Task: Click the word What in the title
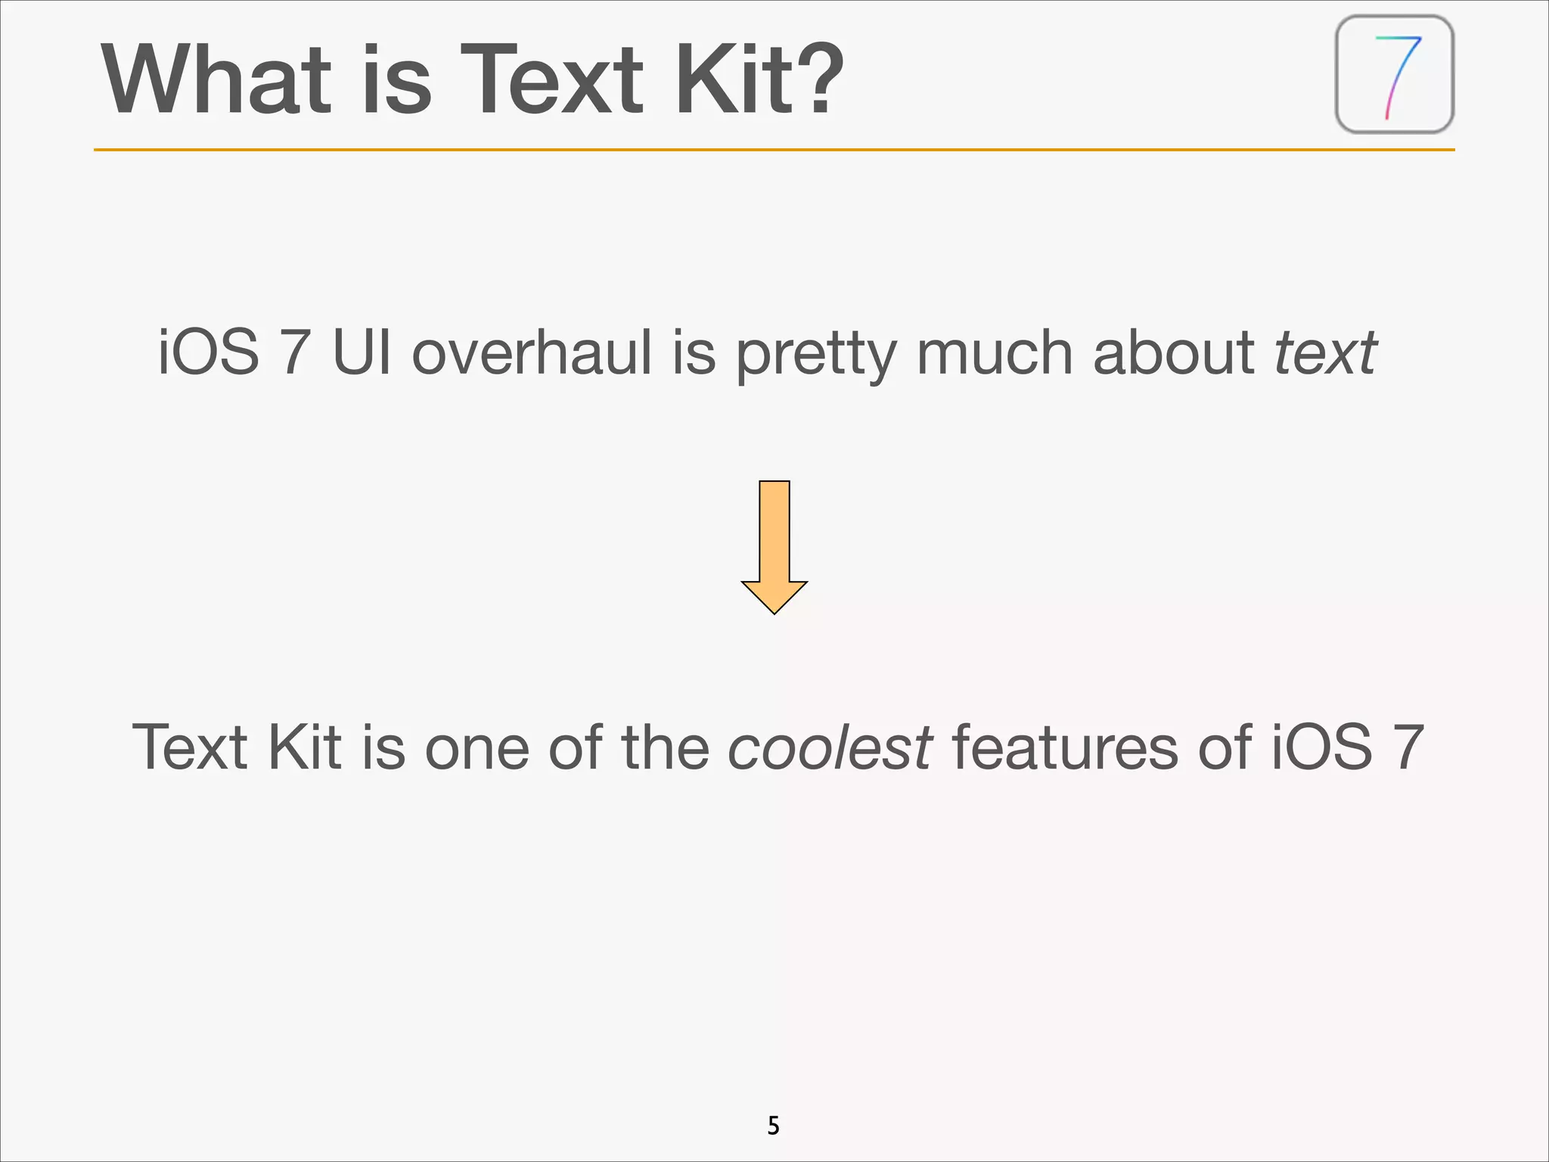tap(216, 79)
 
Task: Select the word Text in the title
tap(553, 79)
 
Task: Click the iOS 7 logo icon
tap(1395, 75)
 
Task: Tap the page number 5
tap(773, 1126)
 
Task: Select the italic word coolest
tap(830, 747)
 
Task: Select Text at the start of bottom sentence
tap(190, 747)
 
